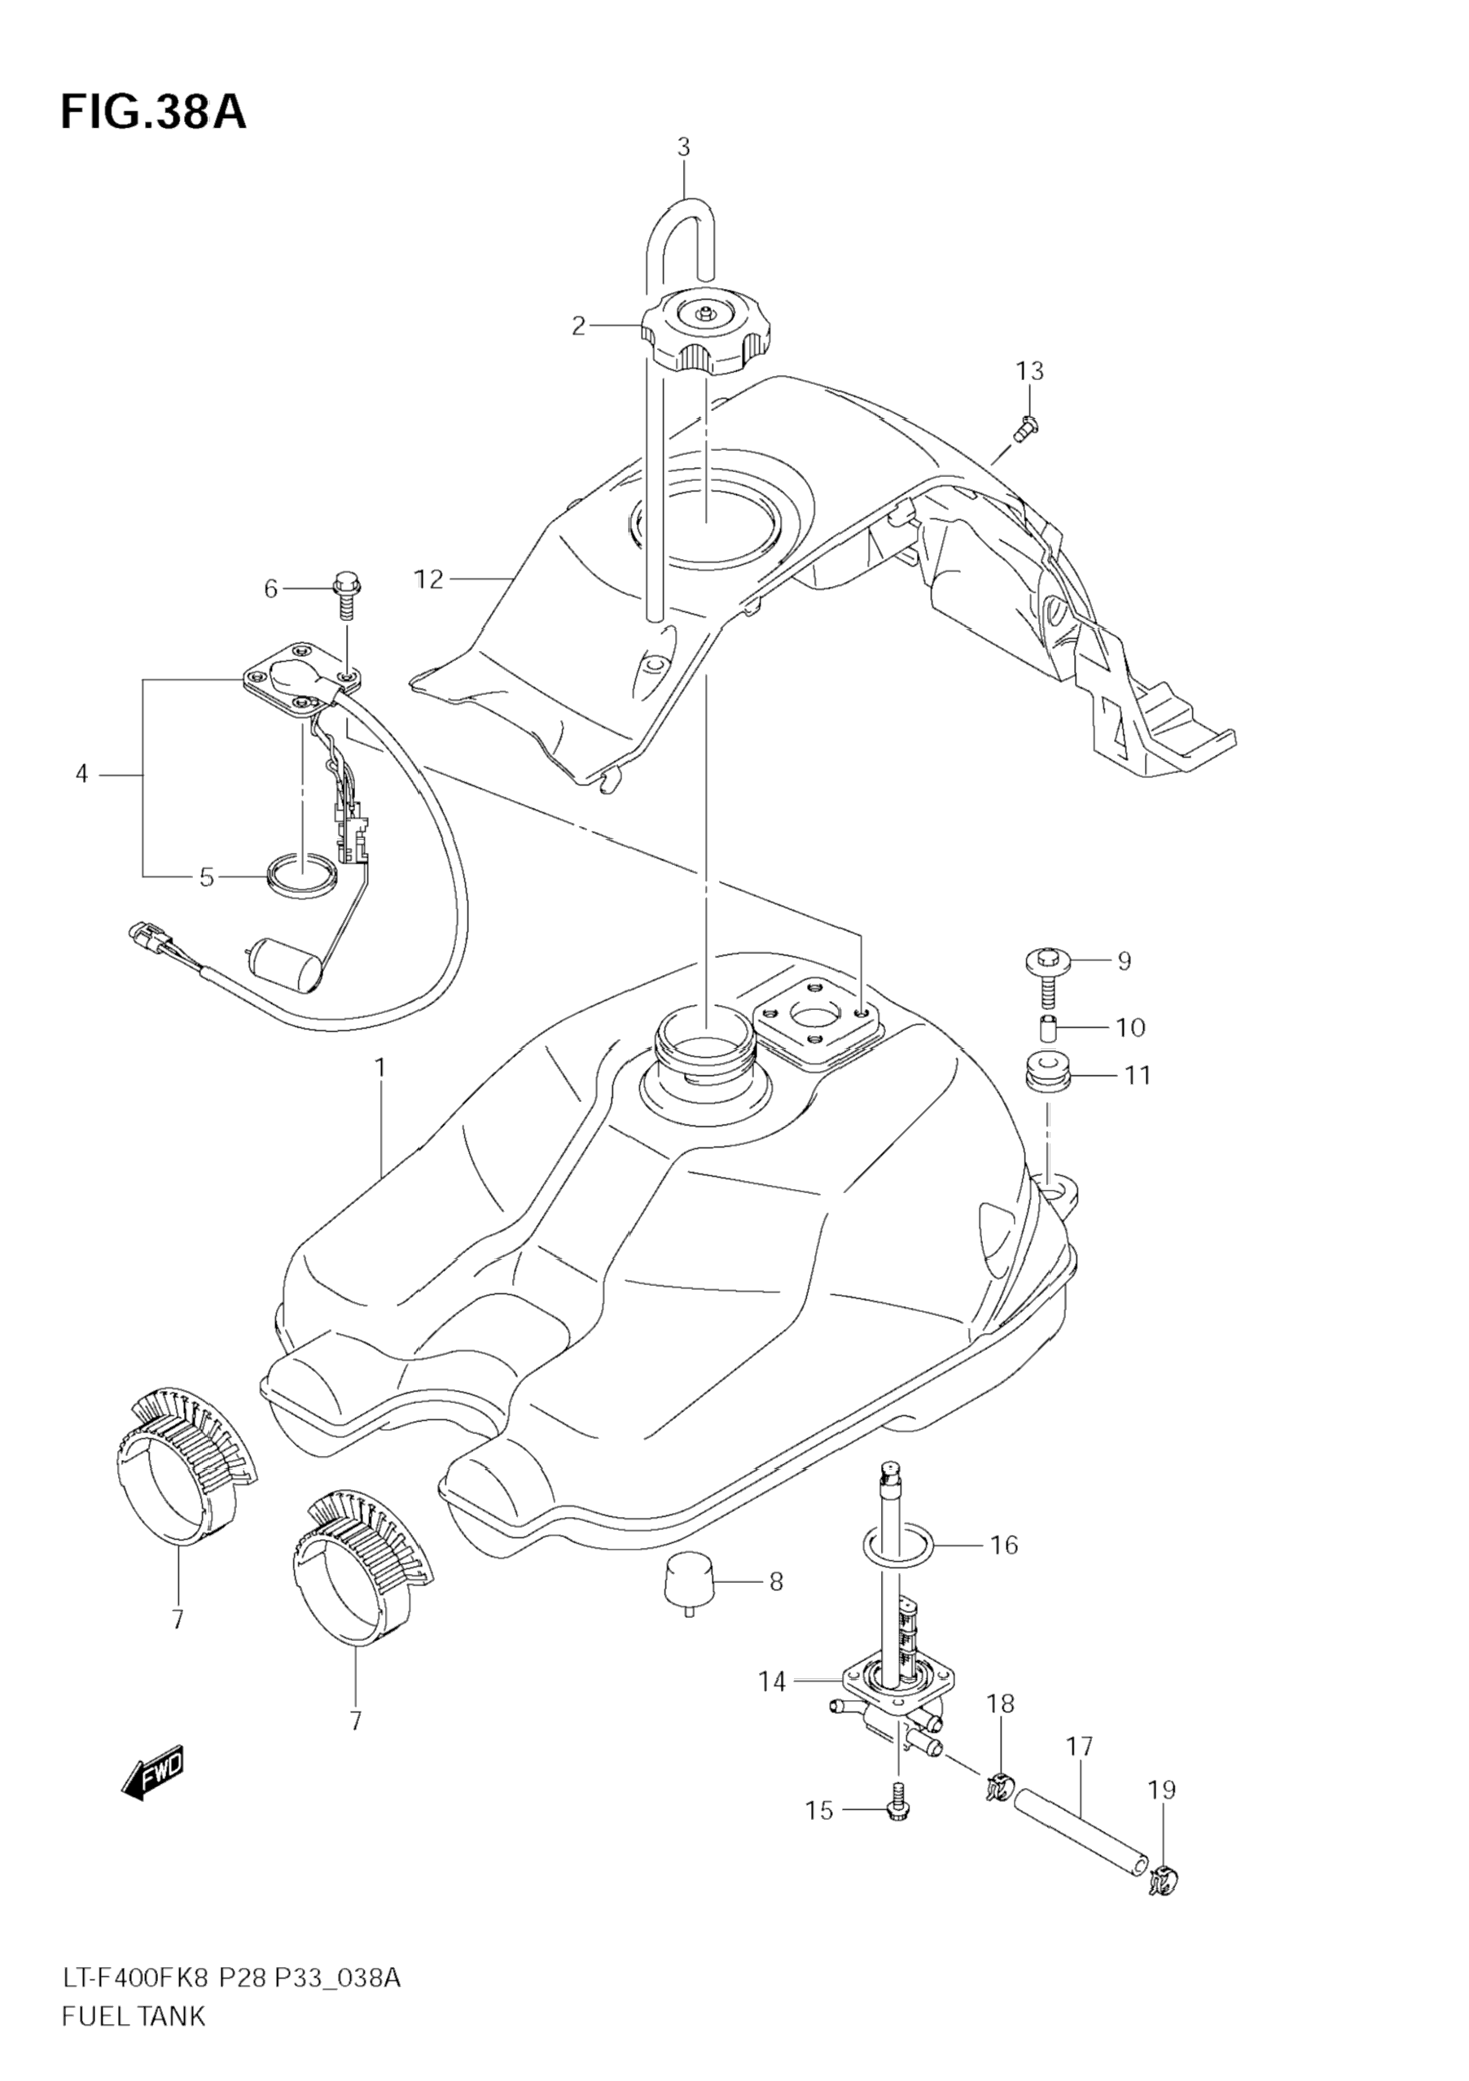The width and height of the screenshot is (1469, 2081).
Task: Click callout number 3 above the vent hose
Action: pos(684,146)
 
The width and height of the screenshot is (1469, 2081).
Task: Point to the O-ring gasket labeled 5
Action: pos(303,877)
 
